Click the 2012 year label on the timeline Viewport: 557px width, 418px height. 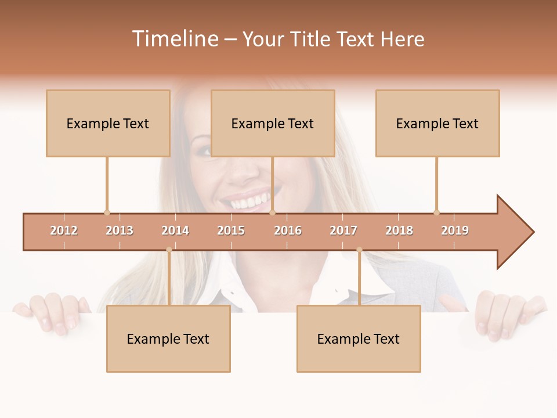point(64,230)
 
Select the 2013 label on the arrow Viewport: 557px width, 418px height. point(120,230)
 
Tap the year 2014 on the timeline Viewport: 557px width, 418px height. point(175,230)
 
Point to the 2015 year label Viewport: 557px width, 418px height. point(231,230)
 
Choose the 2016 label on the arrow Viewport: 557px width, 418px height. point(288,230)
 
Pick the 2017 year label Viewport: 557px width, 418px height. point(343,230)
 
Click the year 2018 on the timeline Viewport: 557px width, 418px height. point(399,230)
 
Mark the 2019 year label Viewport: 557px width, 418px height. point(455,230)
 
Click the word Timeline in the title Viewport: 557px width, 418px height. point(175,39)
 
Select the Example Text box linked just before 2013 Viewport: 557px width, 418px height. point(108,123)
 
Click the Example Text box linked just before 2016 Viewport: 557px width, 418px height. point(273,123)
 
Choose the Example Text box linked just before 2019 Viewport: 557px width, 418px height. point(437,123)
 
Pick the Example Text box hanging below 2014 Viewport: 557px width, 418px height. point(168,338)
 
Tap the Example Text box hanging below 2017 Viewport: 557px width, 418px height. point(359,338)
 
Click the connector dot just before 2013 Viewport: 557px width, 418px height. point(107,212)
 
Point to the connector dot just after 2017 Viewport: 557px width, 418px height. point(359,250)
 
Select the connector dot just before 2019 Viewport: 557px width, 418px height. point(436,212)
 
